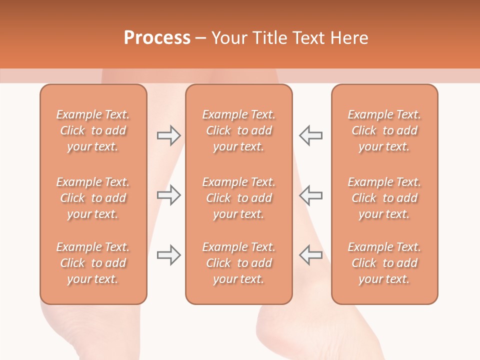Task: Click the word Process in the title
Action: click(157, 38)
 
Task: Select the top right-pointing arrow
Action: click(168, 135)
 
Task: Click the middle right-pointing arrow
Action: click(168, 195)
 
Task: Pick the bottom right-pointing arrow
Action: click(168, 255)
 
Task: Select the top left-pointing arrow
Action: click(311, 135)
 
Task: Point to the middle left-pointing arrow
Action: click(311, 195)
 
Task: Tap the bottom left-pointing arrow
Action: click(311, 255)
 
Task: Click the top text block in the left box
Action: click(93, 130)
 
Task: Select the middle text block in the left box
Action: click(93, 198)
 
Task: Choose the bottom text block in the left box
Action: click(93, 263)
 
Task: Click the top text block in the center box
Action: click(238, 130)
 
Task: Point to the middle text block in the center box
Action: click(238, 198)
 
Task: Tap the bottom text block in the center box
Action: click(238, 263)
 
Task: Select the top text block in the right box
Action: click(384, 130)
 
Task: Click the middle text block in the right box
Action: click(384, 198)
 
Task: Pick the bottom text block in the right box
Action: click(384, 263)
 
